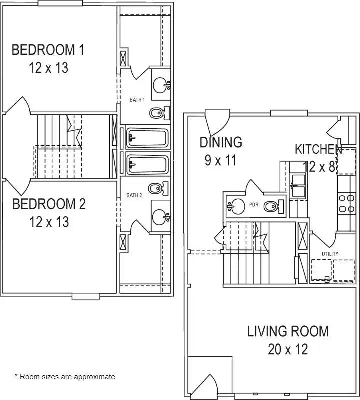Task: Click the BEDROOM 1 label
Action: pyautogui.click(x=48, y=50)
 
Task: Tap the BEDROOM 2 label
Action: pyautogui.click(x=49, y=204)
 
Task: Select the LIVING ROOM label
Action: pyautogui.click(x=288, y=331)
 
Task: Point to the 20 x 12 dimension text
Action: pyautogui.click(x=288, y=349)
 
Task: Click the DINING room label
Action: pyautogui.click(x=221, y=142)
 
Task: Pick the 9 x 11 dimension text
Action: pyautogui.click(x=221, y=160)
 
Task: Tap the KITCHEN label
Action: pyautogui.click(x=318, y=149)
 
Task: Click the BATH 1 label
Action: pyautogui.click(x=137, y=100)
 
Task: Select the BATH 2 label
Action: pyautogui.click(x=134, y=195)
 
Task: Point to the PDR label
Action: pyautogui.click(x=254, y=205)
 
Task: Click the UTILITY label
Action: pyautogui.click(x=330, y=254)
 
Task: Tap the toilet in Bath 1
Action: pyautogui.click(x=159, y=113)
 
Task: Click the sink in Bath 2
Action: pyautogui.click(x=161, y=217)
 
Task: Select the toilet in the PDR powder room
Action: pyautogui.click(x=274, y=206)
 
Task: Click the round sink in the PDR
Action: pyautogui.click(x=236, y=206)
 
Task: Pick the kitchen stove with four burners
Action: pyautogui.click(x=346, y=203)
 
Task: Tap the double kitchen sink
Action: pyautogui.click(x=297, y=185)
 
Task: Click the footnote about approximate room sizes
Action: pyautogui.click(x=65, y=377)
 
